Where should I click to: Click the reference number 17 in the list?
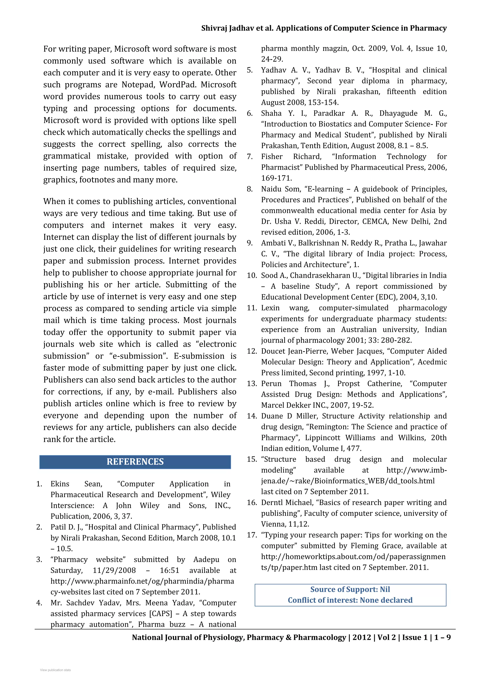[x=252, y=535]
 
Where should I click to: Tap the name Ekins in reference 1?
[x=60, y=484]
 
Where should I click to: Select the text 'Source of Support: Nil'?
[x=350, y=589]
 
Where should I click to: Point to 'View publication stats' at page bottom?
[x=55, y=670]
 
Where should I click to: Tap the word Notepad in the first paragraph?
[x=138, y=85]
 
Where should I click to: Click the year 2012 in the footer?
[x=362, y=637]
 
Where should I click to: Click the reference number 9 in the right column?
[x=249, y=243]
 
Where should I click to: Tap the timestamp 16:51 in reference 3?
[x=170, y=570]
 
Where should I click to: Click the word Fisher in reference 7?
[x=272, y=156]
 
